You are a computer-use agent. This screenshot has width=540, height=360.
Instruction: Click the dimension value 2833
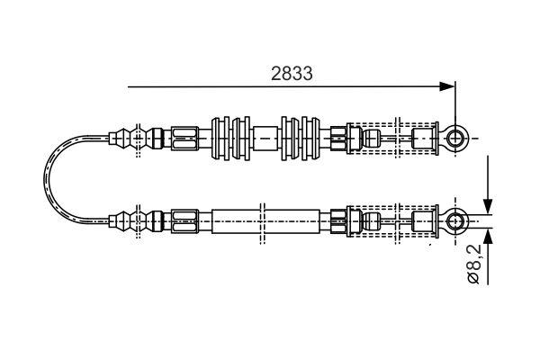point(292,75)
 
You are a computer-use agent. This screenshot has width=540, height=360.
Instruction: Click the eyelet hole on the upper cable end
point(456,138)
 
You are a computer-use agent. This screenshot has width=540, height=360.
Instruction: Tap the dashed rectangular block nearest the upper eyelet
point(422,138)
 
